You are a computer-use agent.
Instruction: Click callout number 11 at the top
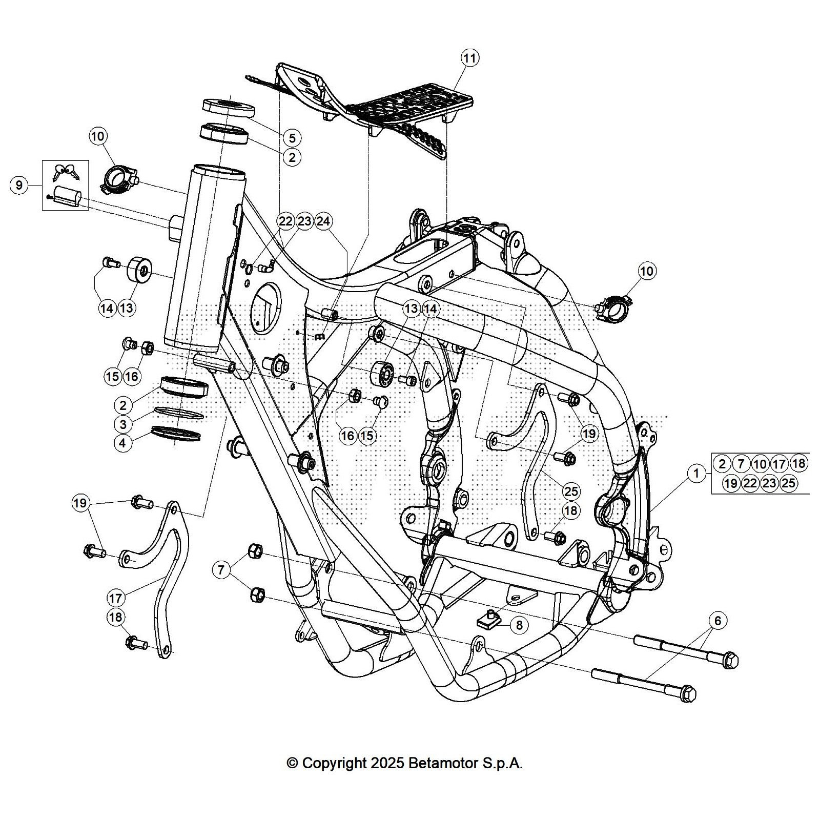[469, 58]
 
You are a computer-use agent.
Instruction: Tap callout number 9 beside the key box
[19, 184]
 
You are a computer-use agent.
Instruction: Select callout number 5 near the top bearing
[292, 137]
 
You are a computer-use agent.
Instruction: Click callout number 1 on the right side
[696, 473]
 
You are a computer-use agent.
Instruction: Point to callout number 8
[519, 625]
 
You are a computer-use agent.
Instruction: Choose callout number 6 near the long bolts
[717, 621]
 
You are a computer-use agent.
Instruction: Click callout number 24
[323, 221]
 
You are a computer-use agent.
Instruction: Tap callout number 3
[122, 424]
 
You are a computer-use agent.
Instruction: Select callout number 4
[122, 443]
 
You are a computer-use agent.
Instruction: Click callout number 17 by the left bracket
[116, 598]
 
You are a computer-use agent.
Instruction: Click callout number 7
[221, 569]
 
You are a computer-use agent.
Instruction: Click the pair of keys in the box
[67, 172]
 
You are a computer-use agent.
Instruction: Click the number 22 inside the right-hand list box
[750, 483]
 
